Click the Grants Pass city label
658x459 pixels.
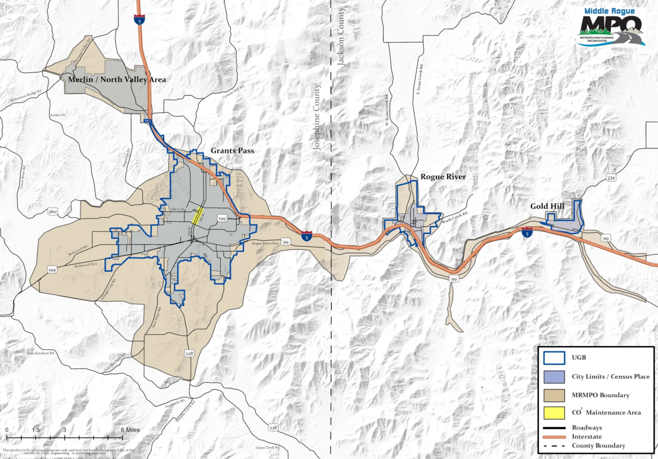pyautogui.click(x=232, y=151)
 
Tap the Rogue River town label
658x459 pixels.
pyautogui.click(x=443, y=177)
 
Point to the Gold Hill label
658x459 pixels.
pyautogui.click(x=547, y=206)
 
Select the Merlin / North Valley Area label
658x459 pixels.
pyautogui.click(x=117, y=79)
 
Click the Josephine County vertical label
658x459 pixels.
pyautogui.click(x=317, y=117)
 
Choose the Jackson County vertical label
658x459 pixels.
pyautogui.click(x=341, y=36)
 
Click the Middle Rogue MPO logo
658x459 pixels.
pyautogui.click(x=610, y=27)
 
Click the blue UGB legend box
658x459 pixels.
pyautogui.click(x=554, y=358)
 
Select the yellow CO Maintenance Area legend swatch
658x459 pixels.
pyautogui.click(x=554, y=413)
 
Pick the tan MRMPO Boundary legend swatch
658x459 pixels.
pyautogui.click(x=554, y=395)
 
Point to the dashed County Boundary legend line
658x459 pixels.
pyautogui.click(x=554, y=446)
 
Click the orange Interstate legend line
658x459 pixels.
pyautogui.click(x=554, y=437)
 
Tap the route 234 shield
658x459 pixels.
pyautogui.click(x=610, y=178)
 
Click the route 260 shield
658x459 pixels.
pyautogui.click(x=52, y=212)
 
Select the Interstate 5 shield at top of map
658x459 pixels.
pyautogui.click(x=139, y=19)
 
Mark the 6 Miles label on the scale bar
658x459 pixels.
pyautogui.click(x=130, y=430)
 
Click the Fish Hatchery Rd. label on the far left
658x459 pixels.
pyautogui.click(x=41, y=353)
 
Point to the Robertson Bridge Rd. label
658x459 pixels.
pyautogui.click(x=26, y=96)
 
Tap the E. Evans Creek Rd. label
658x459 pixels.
pyautogui.click(x=419, y=79)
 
